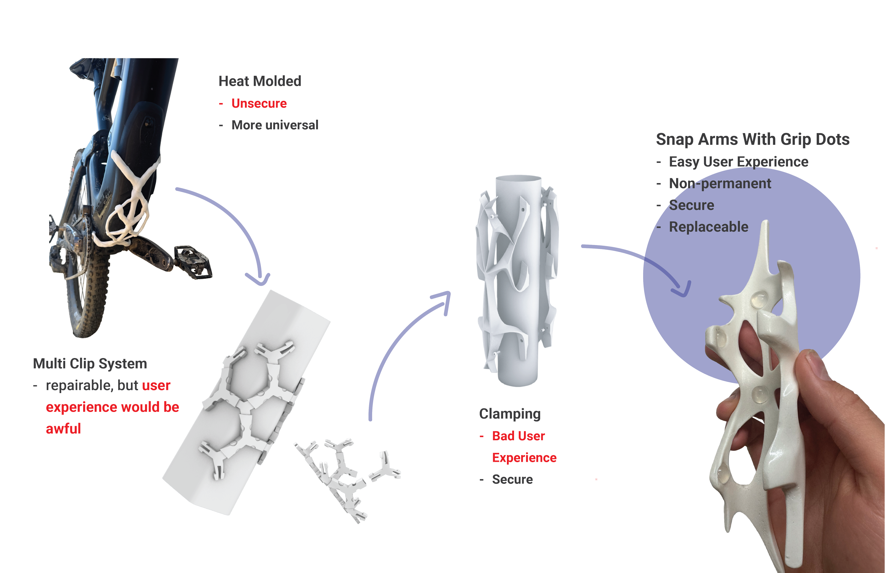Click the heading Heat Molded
[x=259, y=81]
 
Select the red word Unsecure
[x=259, y=103]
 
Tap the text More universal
[x=275, y=125]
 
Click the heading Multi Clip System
[x=90, y=363]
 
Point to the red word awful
[x=63, y=429]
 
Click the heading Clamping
[x=509, y=414]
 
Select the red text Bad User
[x=518, y=436]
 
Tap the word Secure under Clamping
[x=512, y=479]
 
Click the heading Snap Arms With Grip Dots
[x=753, y=140]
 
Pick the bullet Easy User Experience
[x=738, y=162]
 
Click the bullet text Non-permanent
[x=720, y=183]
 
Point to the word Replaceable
[x=708, y=227]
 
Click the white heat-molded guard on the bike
[x=130, y=201]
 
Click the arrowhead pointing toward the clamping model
[x=444, y=298]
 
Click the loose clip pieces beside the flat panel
[x=346, y=476]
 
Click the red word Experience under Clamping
[x=524, y=458]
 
